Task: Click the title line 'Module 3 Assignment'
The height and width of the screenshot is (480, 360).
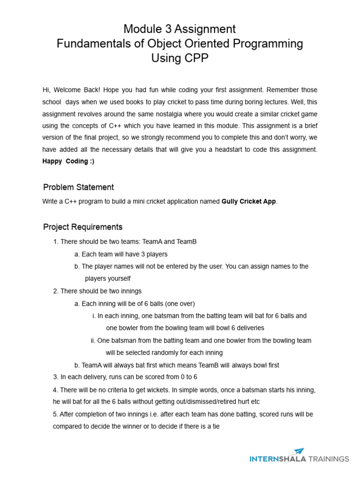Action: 180,29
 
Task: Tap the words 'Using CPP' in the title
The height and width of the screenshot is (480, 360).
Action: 180,58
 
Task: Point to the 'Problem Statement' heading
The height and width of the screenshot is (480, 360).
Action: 78,187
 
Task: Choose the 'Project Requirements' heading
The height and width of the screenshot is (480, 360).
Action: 82,227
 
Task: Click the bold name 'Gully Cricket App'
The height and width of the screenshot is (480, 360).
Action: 248,202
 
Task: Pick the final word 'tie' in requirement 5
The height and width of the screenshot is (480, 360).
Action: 215,426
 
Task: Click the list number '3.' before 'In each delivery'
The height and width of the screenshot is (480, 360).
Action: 56,377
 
